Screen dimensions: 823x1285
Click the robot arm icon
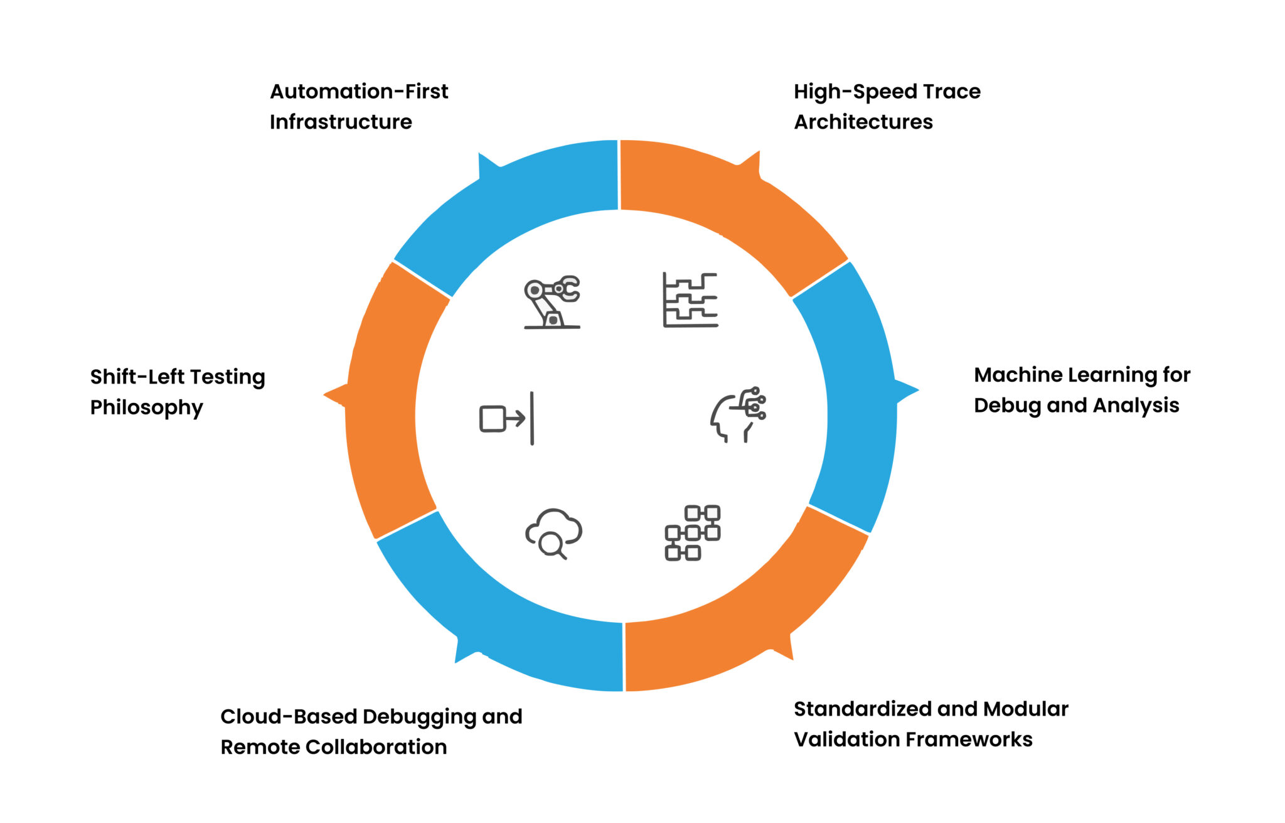[x=552, y=302]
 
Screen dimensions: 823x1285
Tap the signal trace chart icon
[x=690, y=300]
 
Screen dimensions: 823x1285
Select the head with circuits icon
[x=738, y=415]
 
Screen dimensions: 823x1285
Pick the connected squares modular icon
[x=693, y=532]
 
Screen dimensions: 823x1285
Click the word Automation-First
[x=359, y=92]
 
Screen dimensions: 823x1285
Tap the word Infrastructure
[x=341, y=122]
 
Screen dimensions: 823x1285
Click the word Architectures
[x=863, y=122]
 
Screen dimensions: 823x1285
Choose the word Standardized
[x=863, y=709]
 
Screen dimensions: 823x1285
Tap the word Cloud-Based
[x=289, y=716]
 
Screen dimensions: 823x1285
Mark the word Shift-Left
[x=137, y=377]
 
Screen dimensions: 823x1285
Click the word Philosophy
[x=146, y=407]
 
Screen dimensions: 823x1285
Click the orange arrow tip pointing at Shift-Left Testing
[x=331, y=395]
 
